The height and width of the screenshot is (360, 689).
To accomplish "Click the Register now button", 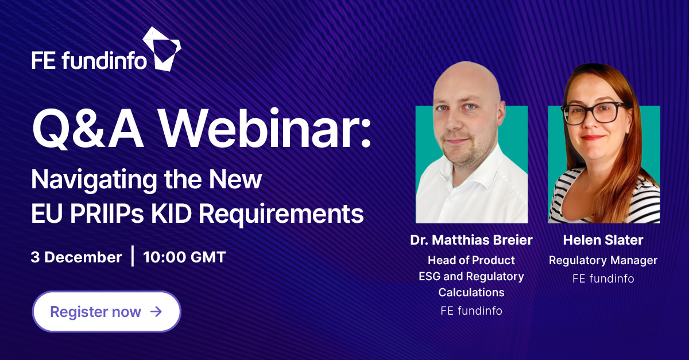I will [106, 312].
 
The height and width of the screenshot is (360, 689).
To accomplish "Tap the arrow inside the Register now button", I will [156, 312].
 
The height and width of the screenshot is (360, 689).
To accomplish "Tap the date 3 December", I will [76, 257].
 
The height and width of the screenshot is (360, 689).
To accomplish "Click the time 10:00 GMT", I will [184, 257].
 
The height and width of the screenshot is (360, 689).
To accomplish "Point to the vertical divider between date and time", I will [133, 256].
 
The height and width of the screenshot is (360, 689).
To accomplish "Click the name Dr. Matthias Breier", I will [471, 241].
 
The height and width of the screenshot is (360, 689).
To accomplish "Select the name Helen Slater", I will [603, 241].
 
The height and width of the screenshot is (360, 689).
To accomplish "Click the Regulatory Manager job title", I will [603, 260].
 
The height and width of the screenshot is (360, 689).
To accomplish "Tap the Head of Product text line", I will [471, 260].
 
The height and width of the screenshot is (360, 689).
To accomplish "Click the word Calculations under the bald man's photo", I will [471, 292].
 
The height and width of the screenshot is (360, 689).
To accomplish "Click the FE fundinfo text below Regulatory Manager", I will [603, 279].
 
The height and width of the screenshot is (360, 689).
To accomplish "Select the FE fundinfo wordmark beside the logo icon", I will [89, 60].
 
